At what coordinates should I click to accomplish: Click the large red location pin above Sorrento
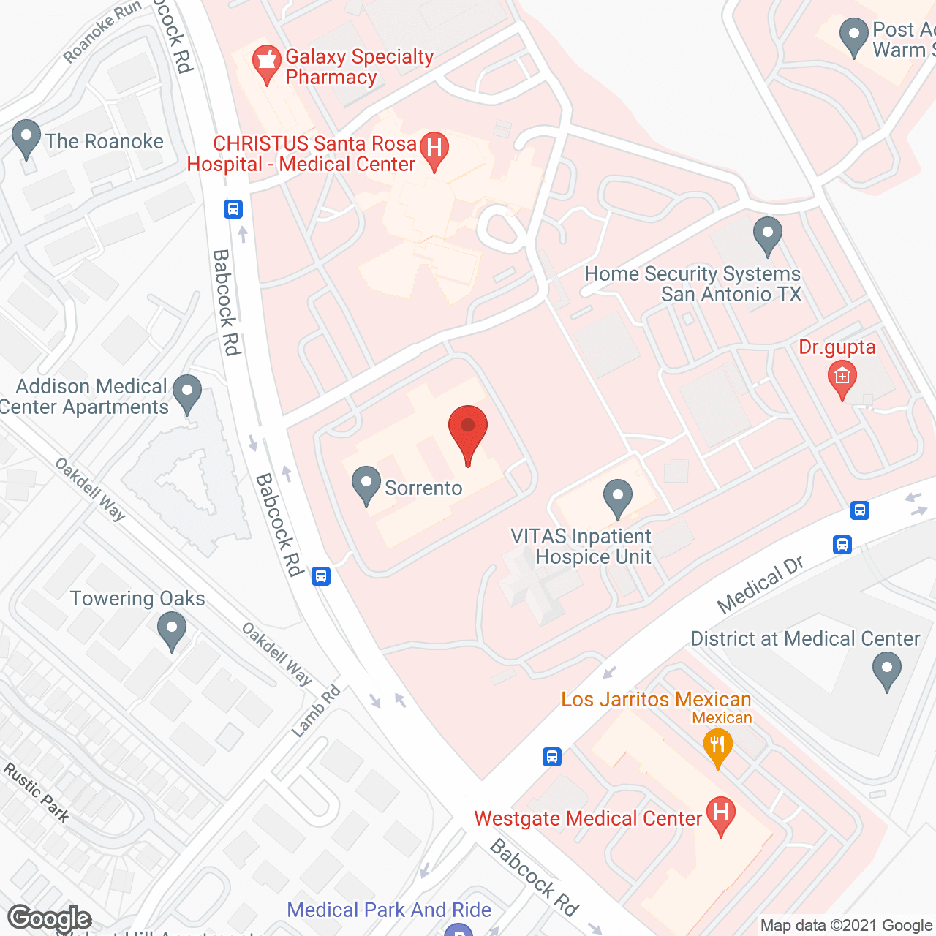coord(468,430)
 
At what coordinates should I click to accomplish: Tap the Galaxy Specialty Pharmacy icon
coord(266,64)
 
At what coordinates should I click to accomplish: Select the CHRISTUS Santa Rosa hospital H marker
coord(434,149)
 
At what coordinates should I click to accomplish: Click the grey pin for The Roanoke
coord(26,137)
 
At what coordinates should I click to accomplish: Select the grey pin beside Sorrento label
coord(366,485)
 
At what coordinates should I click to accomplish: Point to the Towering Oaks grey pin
coord(172,630)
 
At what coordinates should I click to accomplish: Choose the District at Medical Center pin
coord(886,670)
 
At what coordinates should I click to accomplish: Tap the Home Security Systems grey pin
coord(768,235)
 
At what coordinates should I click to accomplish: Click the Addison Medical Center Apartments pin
coord(188,393)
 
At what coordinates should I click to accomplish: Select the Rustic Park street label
coord(37,793)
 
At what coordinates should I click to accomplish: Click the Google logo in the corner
coord(49,918)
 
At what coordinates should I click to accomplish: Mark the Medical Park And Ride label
coord(389,910)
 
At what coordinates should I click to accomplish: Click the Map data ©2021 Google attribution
coord(847,926)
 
